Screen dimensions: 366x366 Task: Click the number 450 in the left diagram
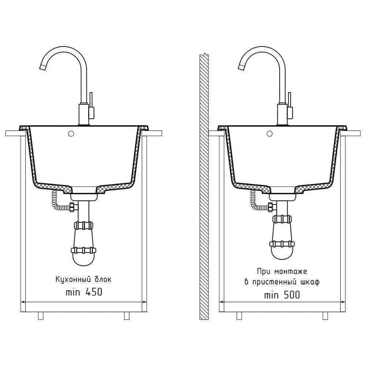tap(94, 292)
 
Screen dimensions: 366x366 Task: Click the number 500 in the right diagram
tap(292, 295)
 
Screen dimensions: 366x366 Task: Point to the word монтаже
tap(291, 271)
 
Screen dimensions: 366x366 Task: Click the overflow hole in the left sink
tap(71, 134)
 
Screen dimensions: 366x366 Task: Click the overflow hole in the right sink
tap(270, 134)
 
